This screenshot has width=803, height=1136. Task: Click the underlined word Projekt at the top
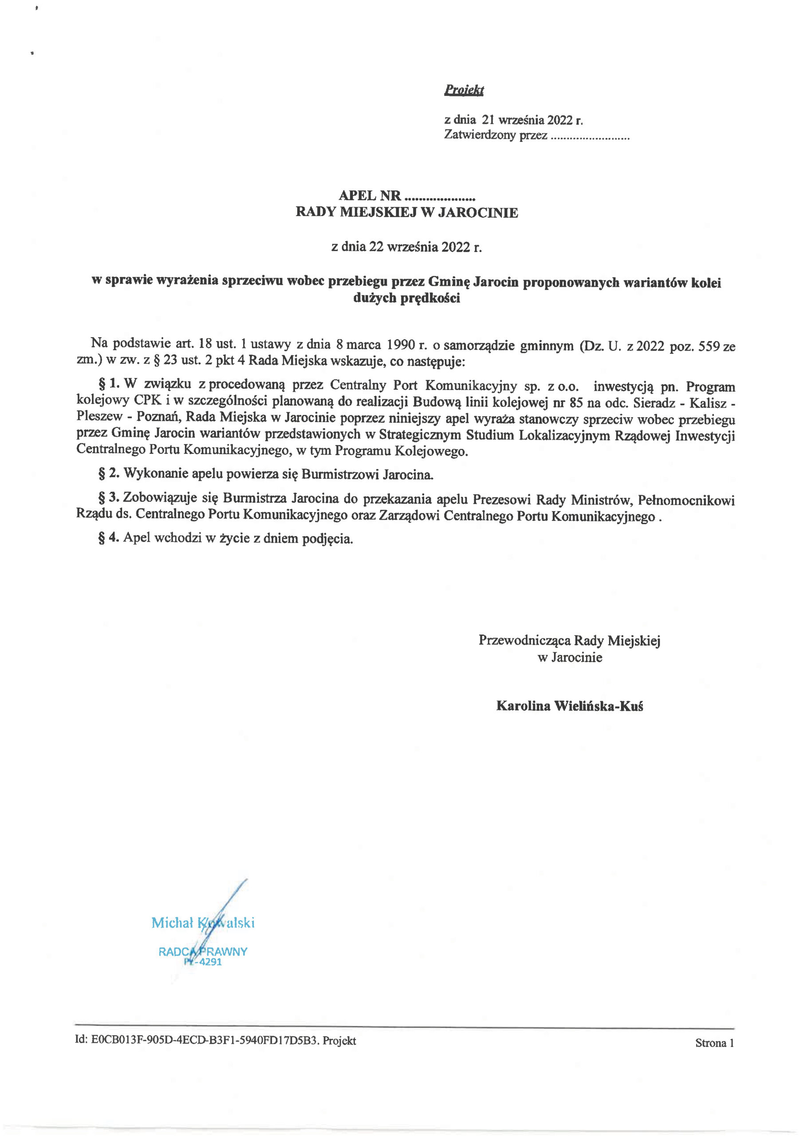(x=464, y=90)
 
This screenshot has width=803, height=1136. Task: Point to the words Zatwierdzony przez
(x=495, y=135)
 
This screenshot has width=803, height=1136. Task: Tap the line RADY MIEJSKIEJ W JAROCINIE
(x=407, y=213)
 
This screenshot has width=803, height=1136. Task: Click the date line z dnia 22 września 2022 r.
(x=406, y=246)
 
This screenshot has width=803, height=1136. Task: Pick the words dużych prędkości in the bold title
(x=406, y=298)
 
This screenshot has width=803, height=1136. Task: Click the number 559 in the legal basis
(x=709, y=346)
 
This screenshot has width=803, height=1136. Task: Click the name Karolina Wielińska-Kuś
(x=570, y=706)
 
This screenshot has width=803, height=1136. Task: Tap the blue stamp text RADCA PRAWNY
(x=203, y=951)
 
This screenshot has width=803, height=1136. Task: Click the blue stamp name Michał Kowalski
(x=203, y=922)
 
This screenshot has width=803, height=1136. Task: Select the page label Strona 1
(x=714, y=1043)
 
